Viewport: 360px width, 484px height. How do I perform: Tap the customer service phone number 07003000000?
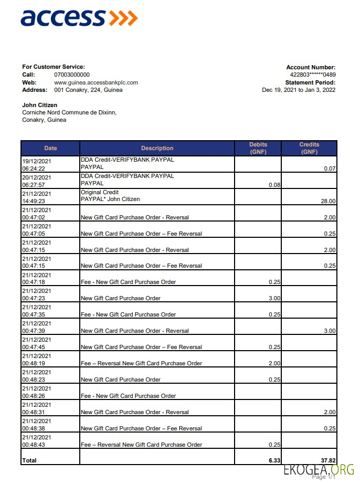[x=72, y=75]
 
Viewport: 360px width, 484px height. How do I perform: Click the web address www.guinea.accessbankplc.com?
[x=96, y=82]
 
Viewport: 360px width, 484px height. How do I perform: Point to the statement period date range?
[x=299, y=90]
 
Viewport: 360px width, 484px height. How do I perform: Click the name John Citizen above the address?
[x=40, y=105]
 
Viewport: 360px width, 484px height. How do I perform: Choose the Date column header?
[x=50, y=148]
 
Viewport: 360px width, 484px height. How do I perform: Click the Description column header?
[x=157, y=148]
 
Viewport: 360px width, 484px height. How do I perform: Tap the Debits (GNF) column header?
[x=258, y=148]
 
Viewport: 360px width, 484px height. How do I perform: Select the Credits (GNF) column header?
[x=309, y=148]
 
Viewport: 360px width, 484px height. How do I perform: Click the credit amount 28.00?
[x=328, y=201]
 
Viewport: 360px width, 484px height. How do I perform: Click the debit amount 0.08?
[x=274, y=185]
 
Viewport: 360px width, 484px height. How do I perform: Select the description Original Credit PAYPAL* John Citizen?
[x=110, y=196]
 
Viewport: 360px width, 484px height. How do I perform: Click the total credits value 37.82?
[x=327, y=460]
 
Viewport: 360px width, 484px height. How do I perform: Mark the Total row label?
[x=29, y=460]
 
